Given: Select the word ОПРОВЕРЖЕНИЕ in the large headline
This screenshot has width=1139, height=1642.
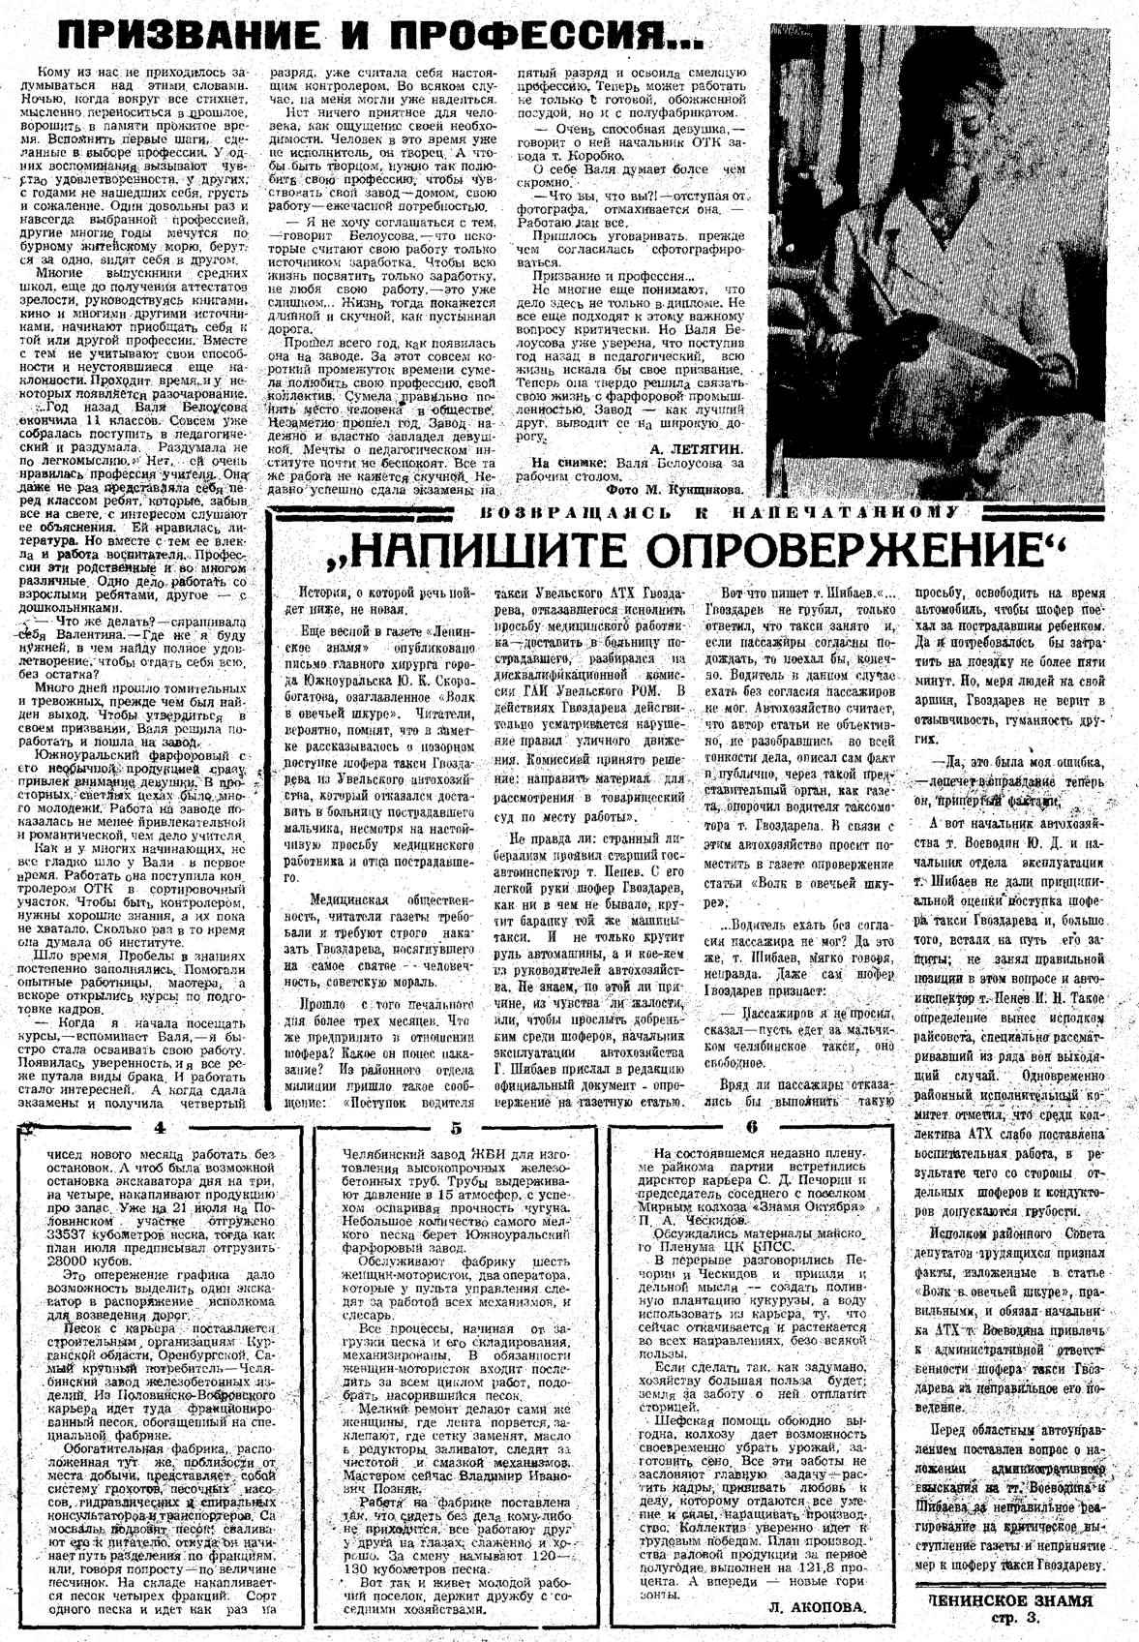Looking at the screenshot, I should (773, 552).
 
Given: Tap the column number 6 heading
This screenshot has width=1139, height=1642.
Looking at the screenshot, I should (751, 1127).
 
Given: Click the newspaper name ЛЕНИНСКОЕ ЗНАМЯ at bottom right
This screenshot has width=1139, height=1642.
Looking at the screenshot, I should (1010, 1600).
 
